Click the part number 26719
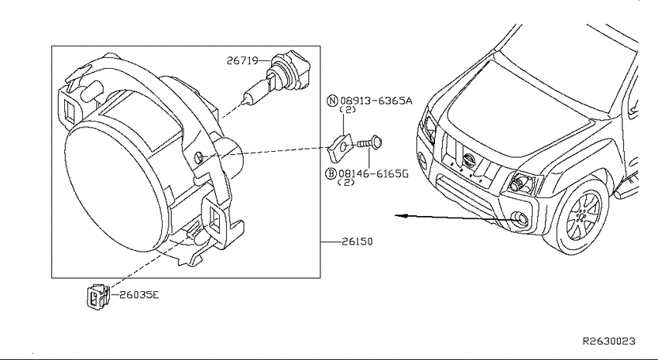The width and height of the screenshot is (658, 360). pyautogui.click(x=242, y=61)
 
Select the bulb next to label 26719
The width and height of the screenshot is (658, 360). pyautogui.click(x=276, y=79)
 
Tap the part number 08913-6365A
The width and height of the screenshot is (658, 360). pyautogui.click(x=376, y=101)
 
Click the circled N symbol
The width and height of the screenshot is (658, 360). pyautogui.click(x=332, y=101)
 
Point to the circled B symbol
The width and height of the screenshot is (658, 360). pyautogui.click(x=331, y=173)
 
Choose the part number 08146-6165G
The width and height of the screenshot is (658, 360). pyautogui.click(x=373, y=173)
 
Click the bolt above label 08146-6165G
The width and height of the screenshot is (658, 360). pyautogui.click(x=369, y=143)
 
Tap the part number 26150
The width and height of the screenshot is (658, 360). pyautogui.click(x=357, y=242)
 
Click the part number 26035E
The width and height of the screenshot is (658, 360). pyautogui.click(x=139, y=295)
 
